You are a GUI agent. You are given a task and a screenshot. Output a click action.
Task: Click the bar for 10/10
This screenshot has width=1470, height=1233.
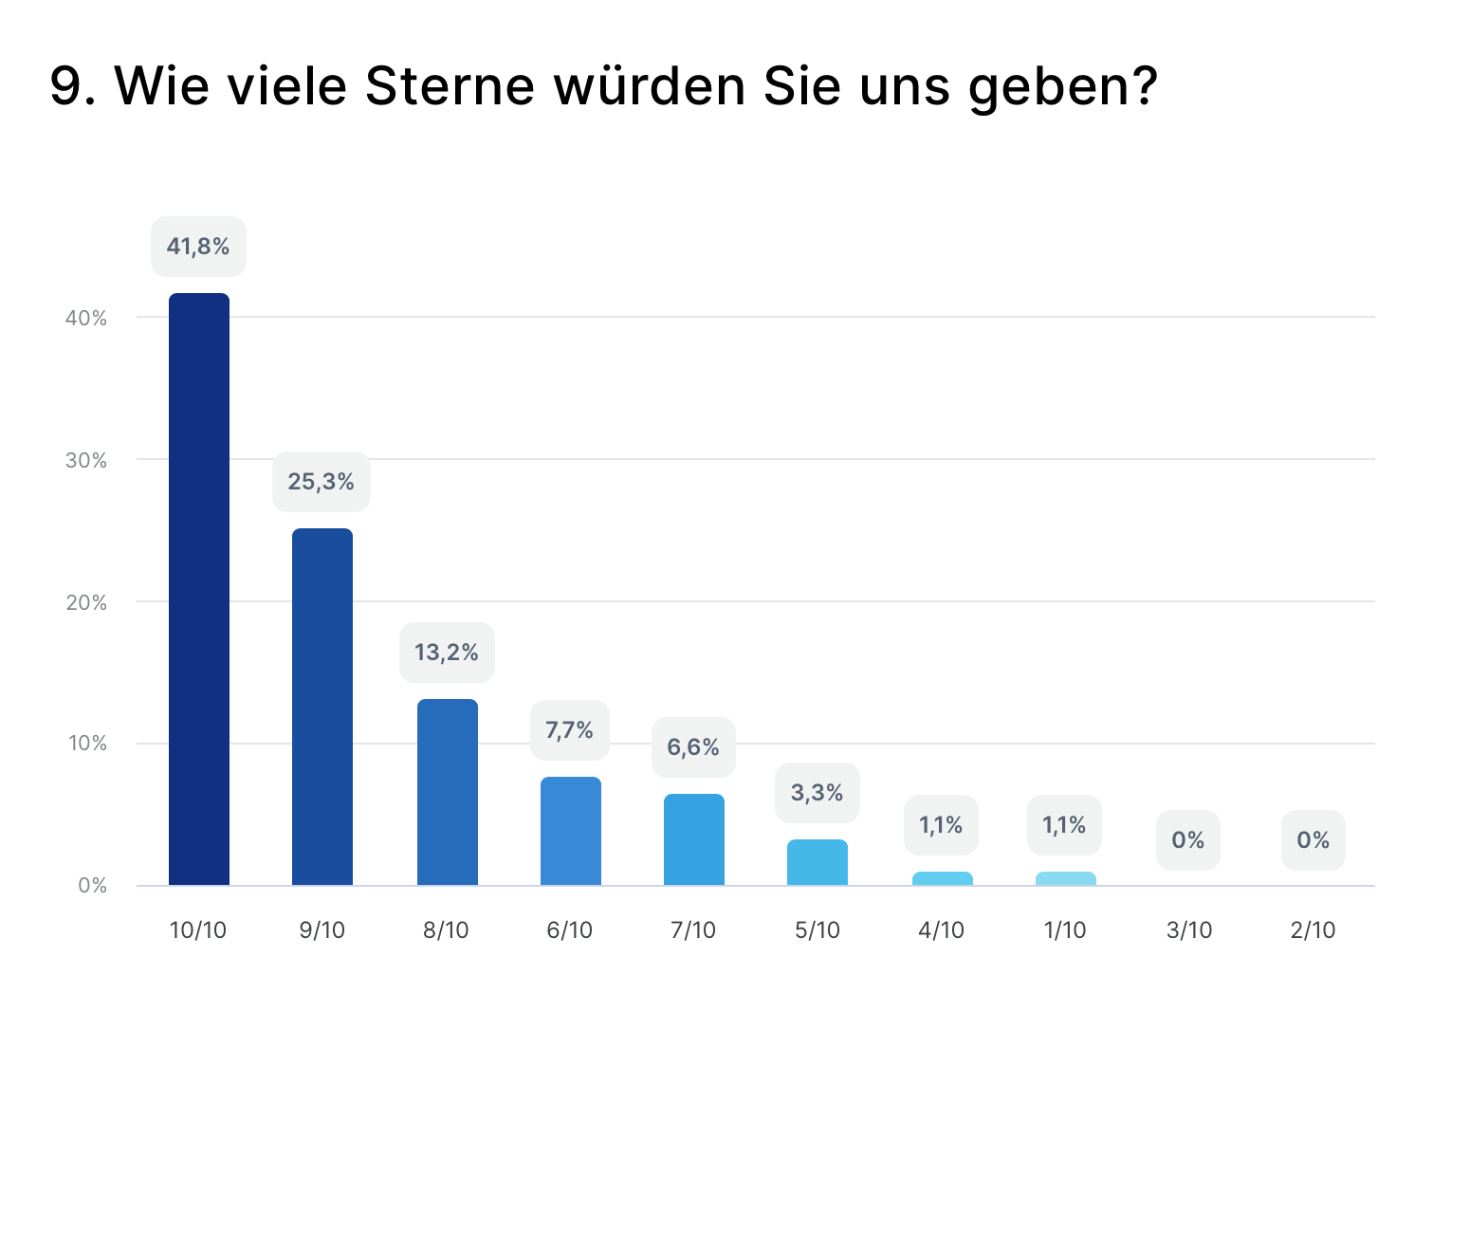tap(199, 589)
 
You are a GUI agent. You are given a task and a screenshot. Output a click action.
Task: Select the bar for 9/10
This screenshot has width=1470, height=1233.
tap(322, 707)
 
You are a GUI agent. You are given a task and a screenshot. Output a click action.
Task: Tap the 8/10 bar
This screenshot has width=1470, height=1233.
tap(448, 792)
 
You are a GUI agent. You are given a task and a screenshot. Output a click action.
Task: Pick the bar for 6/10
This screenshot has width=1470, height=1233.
tap(571, 831)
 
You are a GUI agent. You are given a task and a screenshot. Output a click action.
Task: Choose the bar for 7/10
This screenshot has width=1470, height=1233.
tap(694, 839)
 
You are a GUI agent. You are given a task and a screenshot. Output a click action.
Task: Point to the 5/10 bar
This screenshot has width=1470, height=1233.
tap(818, 862)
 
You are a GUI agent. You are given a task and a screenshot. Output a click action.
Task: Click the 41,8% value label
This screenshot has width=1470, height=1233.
tap(198, 247)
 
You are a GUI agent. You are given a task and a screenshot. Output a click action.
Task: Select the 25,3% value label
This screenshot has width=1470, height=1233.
tap(322, 482)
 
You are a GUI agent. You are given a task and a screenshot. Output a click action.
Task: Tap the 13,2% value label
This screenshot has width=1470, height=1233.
tap(447, 653)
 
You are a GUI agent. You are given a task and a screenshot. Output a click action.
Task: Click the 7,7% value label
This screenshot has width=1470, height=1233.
tap(570, 730)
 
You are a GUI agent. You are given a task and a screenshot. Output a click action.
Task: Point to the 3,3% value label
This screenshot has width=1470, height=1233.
tap(818, 793)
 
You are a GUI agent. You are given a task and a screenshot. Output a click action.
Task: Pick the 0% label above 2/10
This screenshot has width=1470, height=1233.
tap(1314, 840)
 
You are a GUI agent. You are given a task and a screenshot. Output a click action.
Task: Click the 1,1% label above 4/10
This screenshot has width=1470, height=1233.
tap(941, 825)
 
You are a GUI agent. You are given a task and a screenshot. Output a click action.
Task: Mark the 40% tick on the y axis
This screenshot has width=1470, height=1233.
tap(86, 319)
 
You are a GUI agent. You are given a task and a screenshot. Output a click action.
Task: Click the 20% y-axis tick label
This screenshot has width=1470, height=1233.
tap(86, 602)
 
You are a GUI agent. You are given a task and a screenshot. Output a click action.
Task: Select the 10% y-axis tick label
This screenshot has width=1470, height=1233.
tap(86, 744)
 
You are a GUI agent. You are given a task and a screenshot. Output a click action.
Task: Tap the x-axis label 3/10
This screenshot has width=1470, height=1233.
tap(1189, 930)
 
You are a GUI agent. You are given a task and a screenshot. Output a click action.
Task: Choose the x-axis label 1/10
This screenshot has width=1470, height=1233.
tap(1065, 930)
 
